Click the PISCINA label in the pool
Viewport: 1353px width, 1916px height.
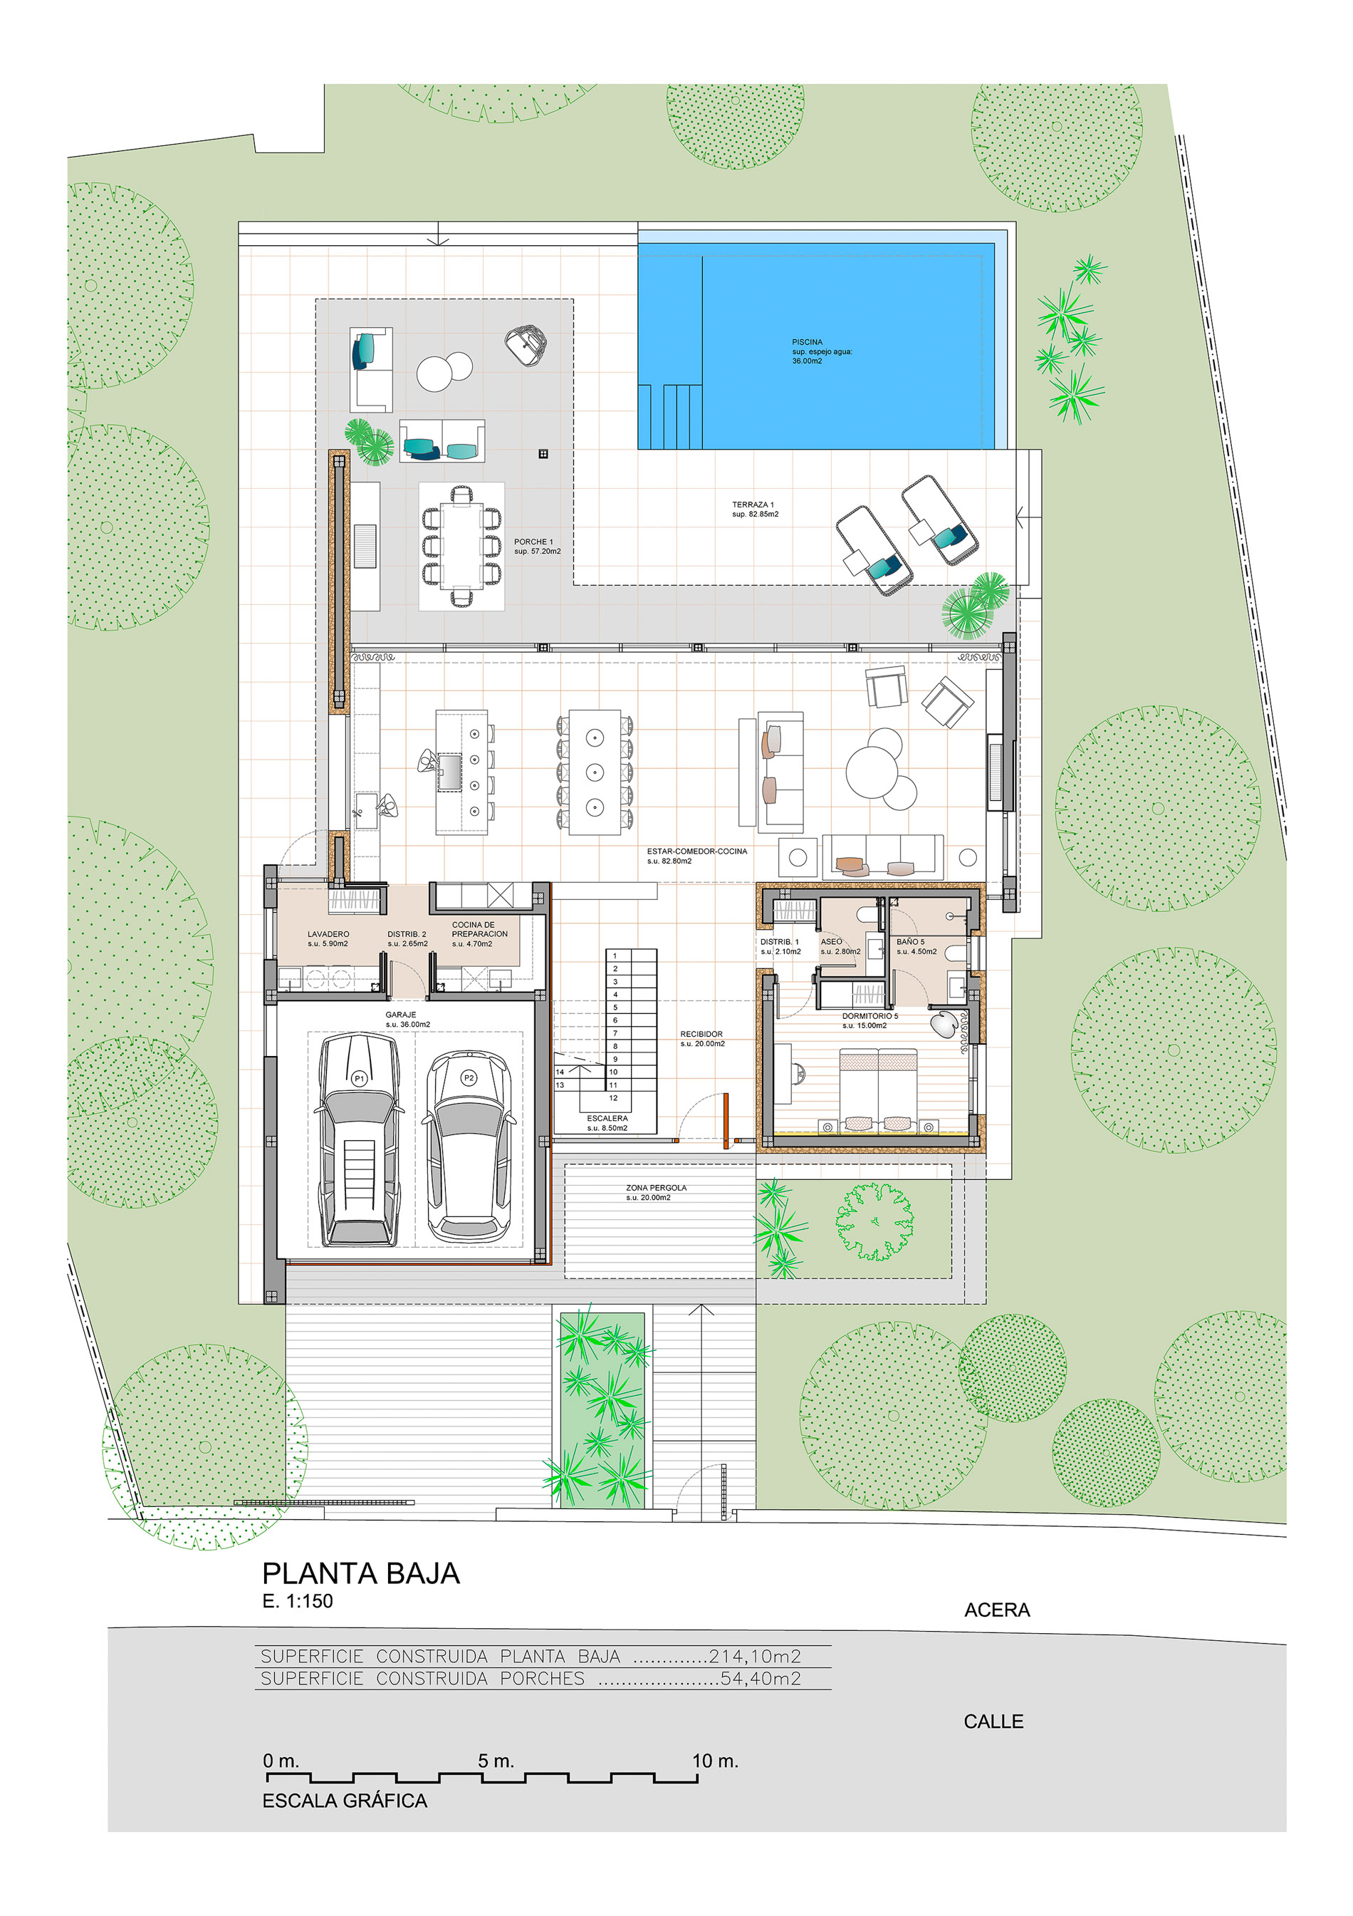[807, 341]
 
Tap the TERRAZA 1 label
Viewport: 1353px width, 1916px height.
[753, 504]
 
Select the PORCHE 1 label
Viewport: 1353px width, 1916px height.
[533, 542]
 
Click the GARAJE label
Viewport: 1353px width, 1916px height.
[400, 1015]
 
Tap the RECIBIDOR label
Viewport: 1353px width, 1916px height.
[701, 1034]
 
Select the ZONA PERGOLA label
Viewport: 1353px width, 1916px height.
[657, 1188]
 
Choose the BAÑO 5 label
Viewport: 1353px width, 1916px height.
[910, 941]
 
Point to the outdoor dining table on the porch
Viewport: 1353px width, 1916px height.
[461, 546]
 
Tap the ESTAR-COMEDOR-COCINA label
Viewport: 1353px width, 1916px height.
[696, 851]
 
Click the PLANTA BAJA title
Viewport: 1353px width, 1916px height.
[361, 1573]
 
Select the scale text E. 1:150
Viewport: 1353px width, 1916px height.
[297, 1600]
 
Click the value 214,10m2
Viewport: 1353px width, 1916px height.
[754, 1656]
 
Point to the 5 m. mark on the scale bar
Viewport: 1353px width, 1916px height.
[496, 1761]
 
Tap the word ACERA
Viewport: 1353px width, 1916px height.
[997, 1610]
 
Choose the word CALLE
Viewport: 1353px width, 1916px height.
[993, 1721]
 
